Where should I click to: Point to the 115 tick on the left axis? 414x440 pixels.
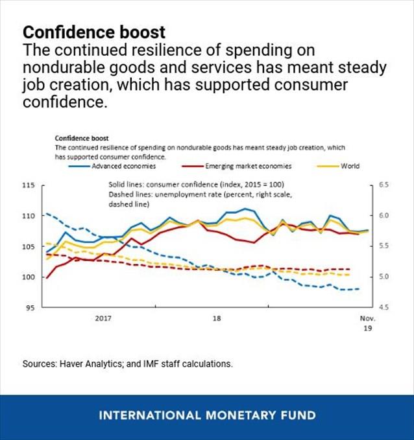pyautogui.click(x=29, y=185)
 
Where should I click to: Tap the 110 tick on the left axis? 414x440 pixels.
pyautogui.click(x=29, y=216)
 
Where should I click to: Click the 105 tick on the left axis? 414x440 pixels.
pyautogui.click(x=29, y=247)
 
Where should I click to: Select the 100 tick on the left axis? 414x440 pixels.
pyautogui.click(x=29, y=277)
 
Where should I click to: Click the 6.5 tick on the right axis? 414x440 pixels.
pyautogui.click(x=383, y=185)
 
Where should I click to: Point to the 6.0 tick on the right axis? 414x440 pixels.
pyautogui.click(x=383, y=216)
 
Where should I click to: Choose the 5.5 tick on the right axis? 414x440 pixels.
pyautogui.click(x=383, y=247)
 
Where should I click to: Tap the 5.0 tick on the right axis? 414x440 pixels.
pyautogui.click(x=383, y=277)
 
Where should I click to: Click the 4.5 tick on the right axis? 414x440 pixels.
pyautogui.click(x=383, y=308)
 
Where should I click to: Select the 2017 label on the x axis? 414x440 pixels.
pyautogui.click(x=103, y=319)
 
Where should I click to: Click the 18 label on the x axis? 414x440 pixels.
pyautogui.click(x=217, y=319)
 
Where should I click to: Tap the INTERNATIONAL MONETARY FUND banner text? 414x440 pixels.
pyautogui.click(x=207, y=415)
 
